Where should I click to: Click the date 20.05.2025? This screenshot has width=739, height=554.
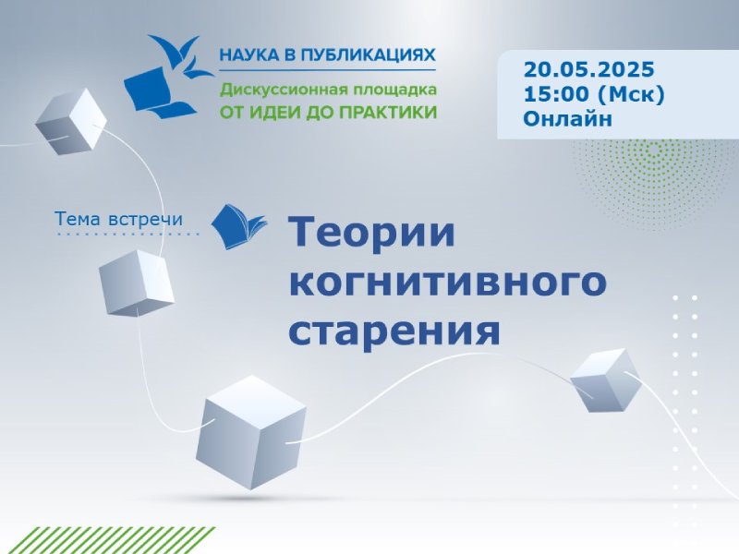[x=588, y=70]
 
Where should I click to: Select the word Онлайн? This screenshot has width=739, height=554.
[x=567, y=119]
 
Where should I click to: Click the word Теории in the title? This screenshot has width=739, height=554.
[x=372, y=232]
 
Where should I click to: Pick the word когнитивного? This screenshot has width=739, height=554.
[x=447, y=282]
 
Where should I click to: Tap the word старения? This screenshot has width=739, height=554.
[x=394, y=331]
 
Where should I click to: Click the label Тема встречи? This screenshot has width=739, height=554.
[x=119, y=219]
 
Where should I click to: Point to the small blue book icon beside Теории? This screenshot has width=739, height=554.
[x=238, y=226]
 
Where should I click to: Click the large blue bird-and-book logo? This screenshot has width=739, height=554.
[x=167, y=76]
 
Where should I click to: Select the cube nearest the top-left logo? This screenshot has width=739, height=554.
[x=71, y=122]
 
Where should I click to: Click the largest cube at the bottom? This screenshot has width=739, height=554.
[x=251, y=432]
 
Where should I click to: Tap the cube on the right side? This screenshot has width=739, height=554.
[x=606, y=380]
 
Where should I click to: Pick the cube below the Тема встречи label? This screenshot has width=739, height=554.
[x=136, y=283]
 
